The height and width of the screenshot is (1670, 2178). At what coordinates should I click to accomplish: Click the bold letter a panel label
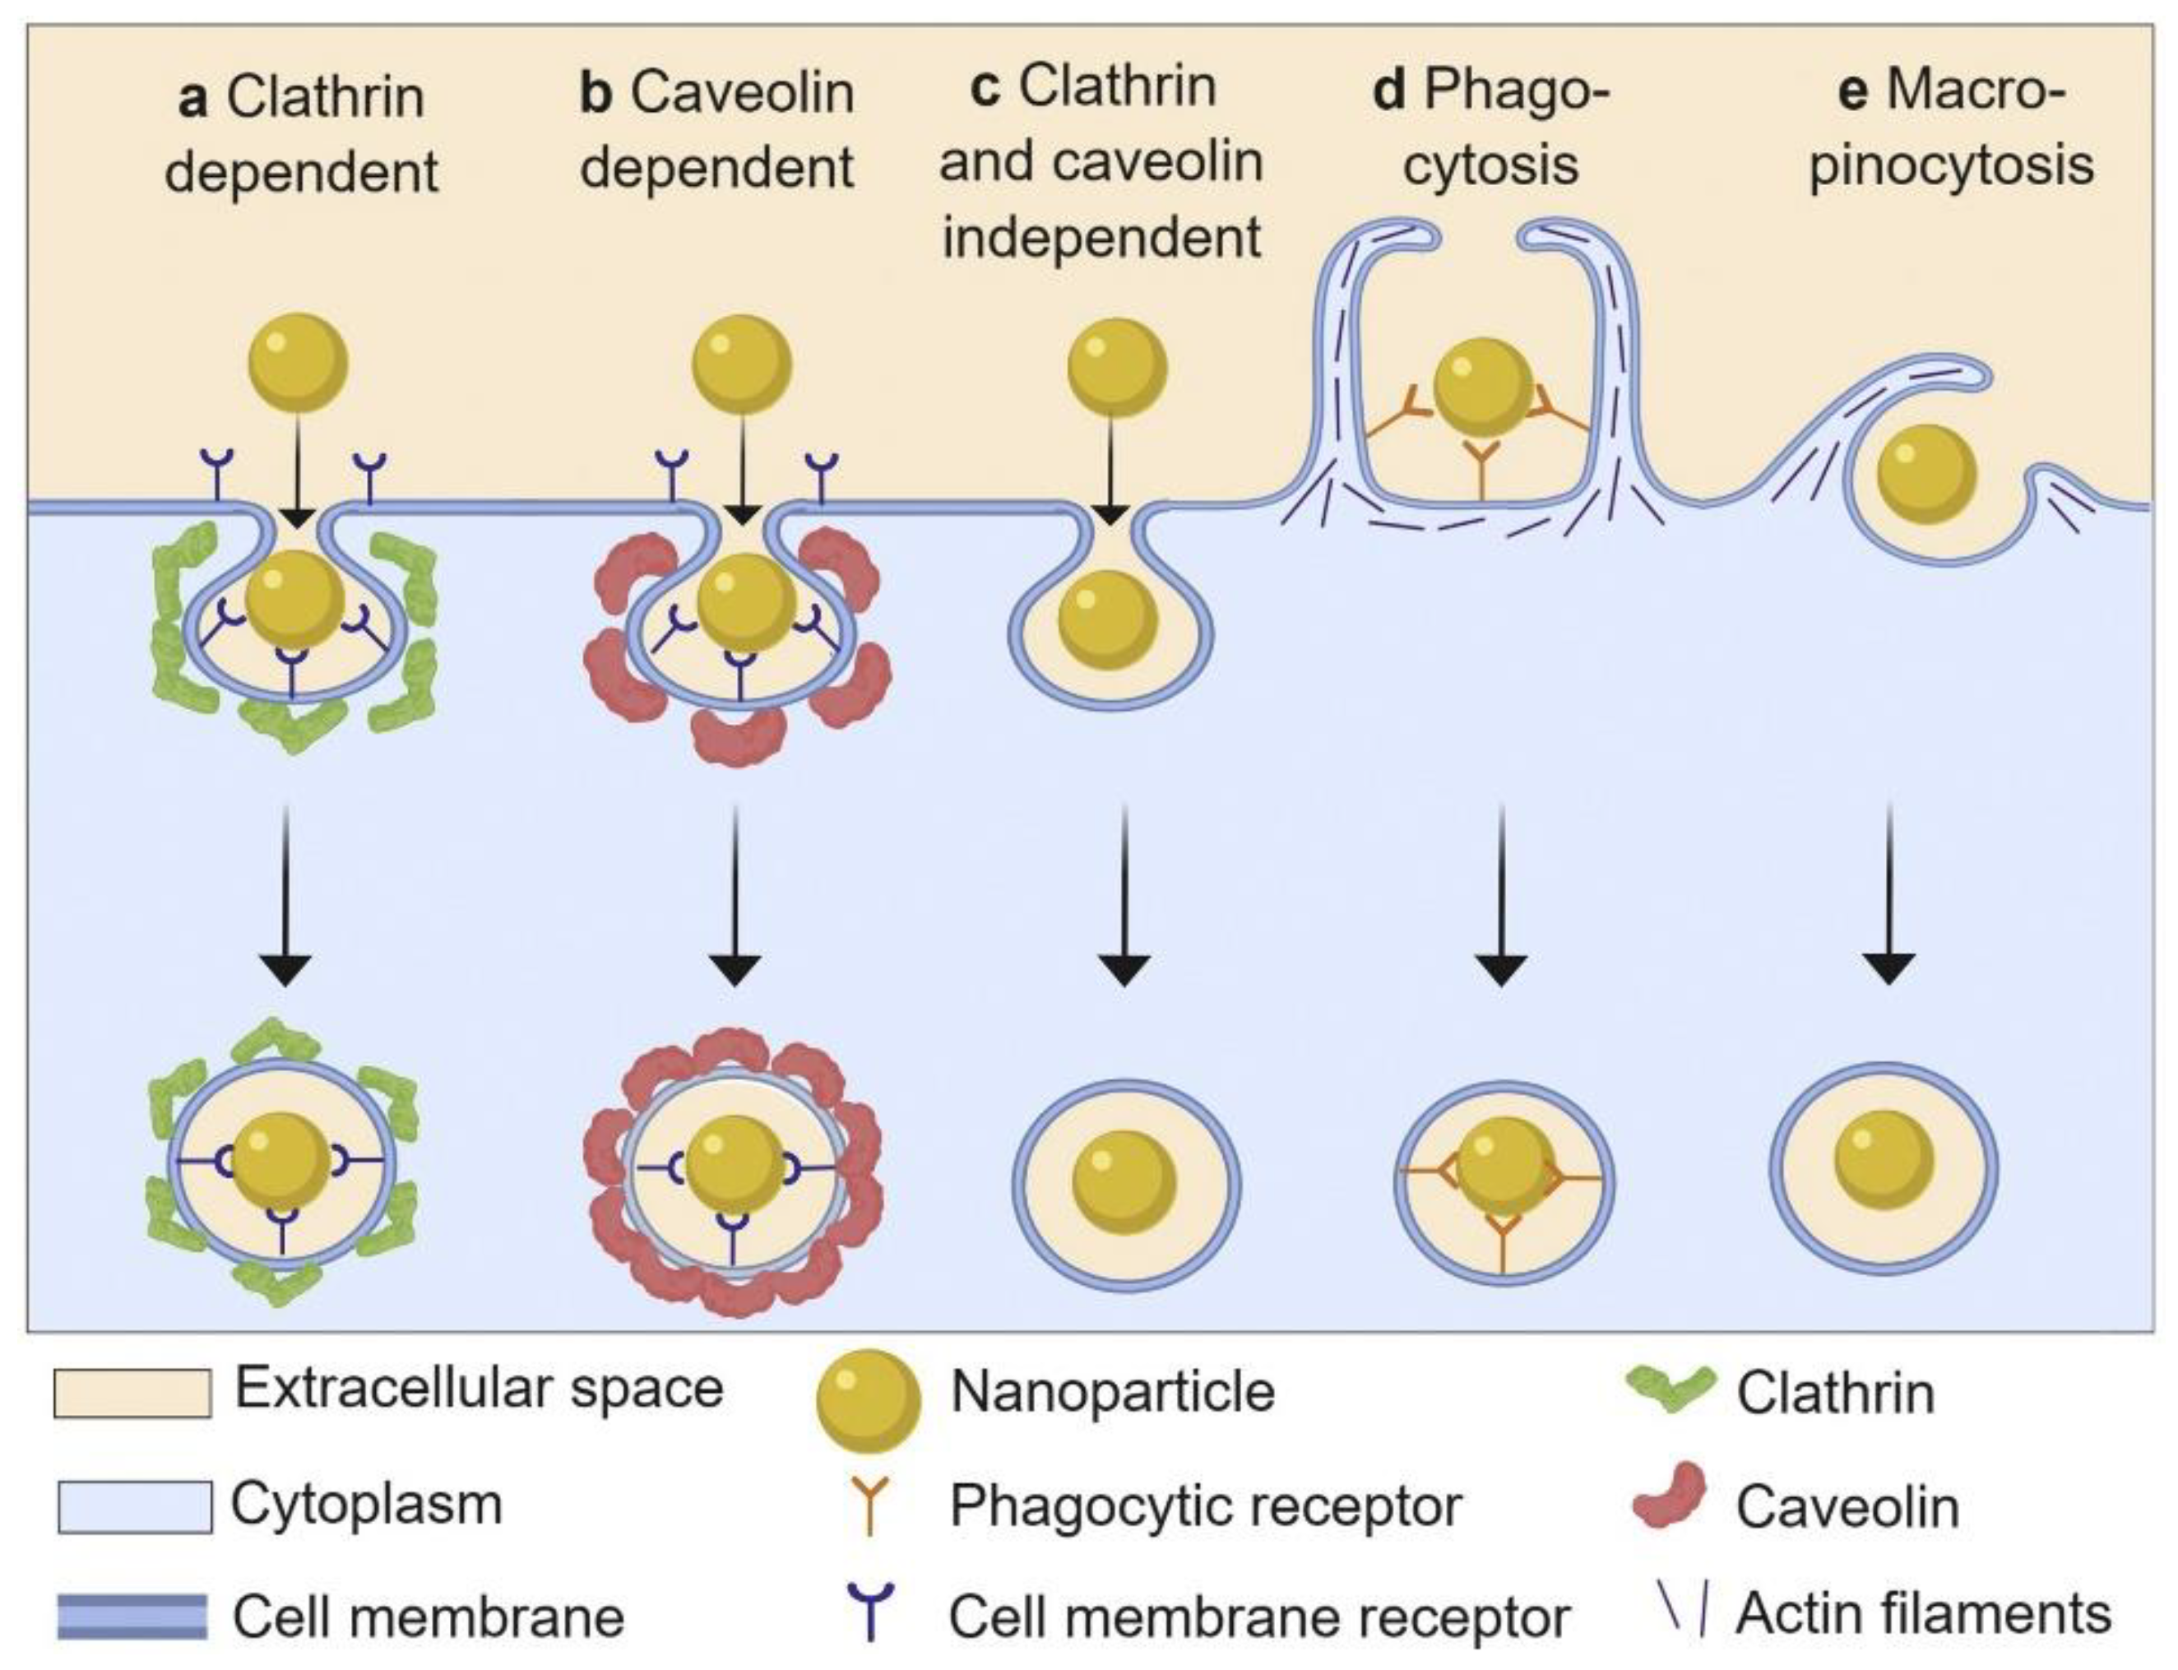click(x=192, y=100)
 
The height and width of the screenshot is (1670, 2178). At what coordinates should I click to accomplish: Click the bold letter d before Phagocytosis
click(x=1389, y=91)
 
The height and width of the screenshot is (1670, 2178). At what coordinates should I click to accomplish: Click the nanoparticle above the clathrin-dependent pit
click(x=297, y=363)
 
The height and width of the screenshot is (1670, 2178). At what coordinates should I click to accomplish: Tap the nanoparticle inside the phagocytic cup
click(x=1481, y=387)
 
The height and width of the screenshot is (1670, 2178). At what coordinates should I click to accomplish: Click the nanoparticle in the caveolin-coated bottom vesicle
click(x=734, y=1164)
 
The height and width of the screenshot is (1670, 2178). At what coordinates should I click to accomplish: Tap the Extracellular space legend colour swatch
click(x=132, y=1392)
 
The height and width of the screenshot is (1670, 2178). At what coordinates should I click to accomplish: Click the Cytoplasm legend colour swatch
click(x=134, y=1506)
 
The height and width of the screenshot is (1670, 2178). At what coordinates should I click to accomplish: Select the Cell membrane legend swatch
click(x=132, y=1617)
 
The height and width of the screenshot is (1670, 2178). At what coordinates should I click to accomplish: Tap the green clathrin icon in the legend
click(x=1671, y=1389)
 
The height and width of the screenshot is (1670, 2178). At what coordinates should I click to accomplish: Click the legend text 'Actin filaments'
click(x=1923, y=1613)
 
